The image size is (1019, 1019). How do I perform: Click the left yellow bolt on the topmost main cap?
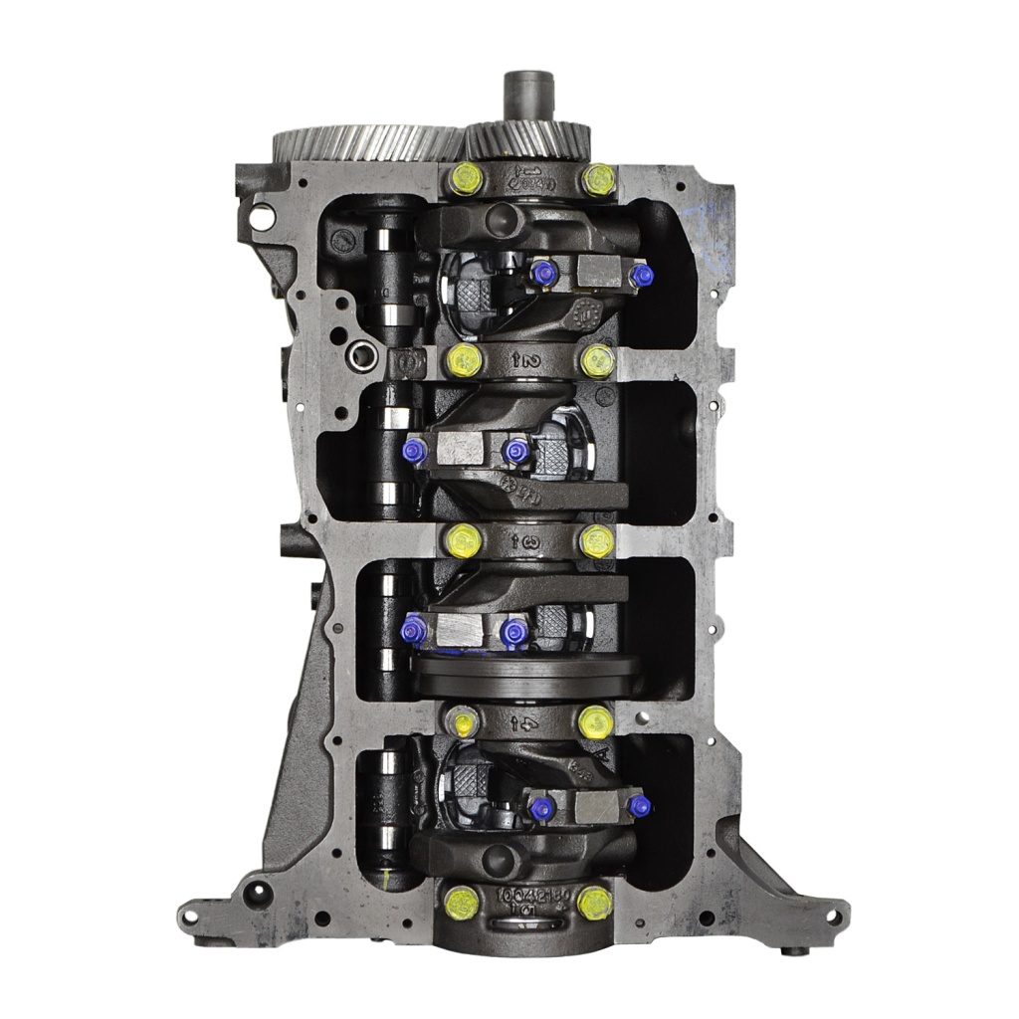point(465,181)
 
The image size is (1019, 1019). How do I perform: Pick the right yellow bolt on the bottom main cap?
point(595,903)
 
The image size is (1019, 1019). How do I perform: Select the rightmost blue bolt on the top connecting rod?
point(642,275)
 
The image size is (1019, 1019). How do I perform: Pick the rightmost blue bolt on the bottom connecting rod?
point(639,806)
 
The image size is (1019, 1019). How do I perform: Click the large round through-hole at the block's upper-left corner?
point(263,214)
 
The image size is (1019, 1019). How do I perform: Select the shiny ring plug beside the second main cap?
point(361,352)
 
